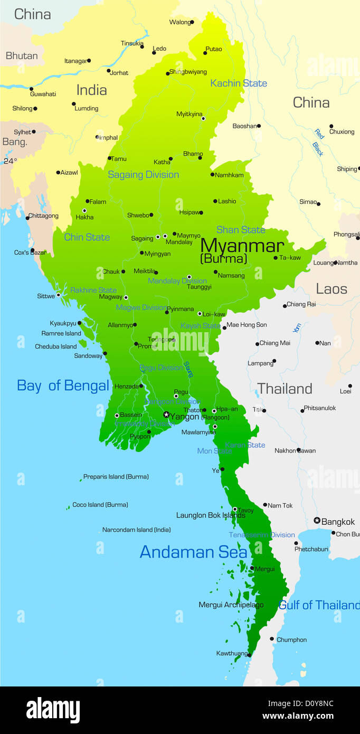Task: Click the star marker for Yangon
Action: click(166, 415)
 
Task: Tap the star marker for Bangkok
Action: click(317, 521)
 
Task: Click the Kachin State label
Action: click(239, 83)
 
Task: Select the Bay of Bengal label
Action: click(63, 385)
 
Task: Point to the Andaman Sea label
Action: click(193, 552)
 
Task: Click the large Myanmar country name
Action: click(242, 246)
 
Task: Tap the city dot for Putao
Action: click(205, 53)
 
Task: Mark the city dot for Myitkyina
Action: click(203, 118)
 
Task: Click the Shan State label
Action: click(241, 230)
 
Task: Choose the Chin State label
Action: click(87, 237)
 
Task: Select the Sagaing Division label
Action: click(144, 175)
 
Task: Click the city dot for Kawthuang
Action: click(249, 655)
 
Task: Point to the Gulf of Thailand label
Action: click(319, 605)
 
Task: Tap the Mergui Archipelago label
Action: click(231, 605)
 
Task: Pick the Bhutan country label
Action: click(22, 55)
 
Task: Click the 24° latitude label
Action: click(11, 161)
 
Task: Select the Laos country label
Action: click(331, 289)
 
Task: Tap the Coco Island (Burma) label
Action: click(100, 505)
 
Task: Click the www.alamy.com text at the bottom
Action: click(298, 717)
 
